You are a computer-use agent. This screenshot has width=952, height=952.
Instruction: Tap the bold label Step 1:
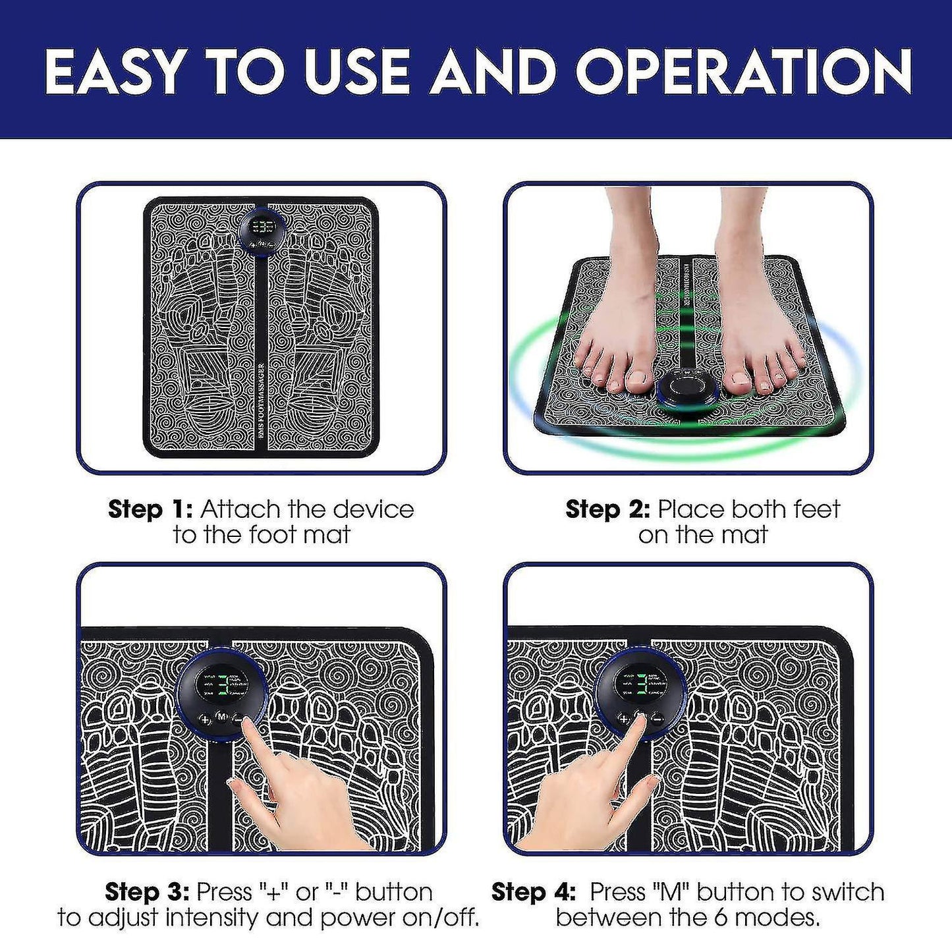pos(150,509)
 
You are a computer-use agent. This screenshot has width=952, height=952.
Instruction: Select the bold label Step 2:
pos(607,509)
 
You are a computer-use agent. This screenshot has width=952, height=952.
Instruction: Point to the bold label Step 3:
pos(147,892)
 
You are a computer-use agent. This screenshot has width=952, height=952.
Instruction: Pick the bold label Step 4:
pos(534,892)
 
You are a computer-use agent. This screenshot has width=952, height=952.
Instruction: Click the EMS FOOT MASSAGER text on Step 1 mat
pos(262,405)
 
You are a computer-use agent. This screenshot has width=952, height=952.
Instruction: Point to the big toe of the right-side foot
pos(739,378)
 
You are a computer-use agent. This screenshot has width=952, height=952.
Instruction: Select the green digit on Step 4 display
pos(640,686)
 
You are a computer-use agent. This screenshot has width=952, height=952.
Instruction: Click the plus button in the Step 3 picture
pos(205,719)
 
